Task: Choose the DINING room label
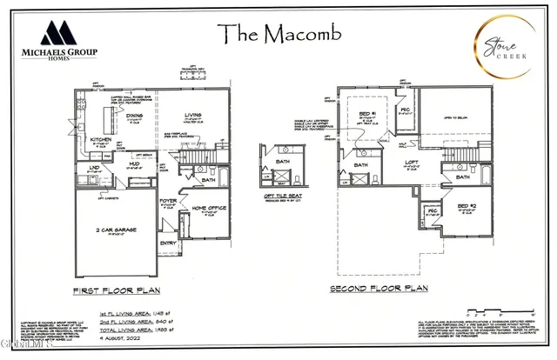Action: (x=134, y=115)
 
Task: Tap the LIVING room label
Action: (x=193, y=115)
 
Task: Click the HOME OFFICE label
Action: (x=209, y=208)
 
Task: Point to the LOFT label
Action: (x=413, y=162)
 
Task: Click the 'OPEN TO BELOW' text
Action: (x=457, y=118)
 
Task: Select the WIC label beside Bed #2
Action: (x=432, y=211)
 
